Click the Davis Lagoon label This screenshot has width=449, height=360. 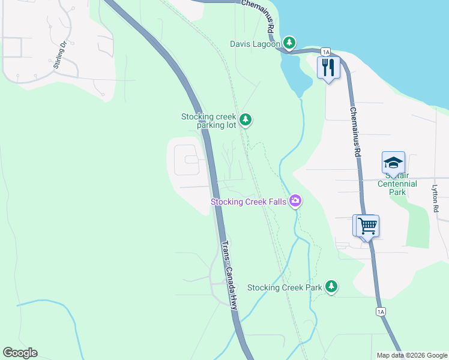coord(255,44)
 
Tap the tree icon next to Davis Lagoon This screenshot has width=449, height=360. coord(290,43)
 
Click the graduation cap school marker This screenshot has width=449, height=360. coord(393,163)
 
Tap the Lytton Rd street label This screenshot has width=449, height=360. coord(436,199)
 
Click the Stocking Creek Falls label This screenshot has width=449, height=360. coord(248,202)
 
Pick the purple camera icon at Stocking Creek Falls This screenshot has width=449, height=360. coord(295,201)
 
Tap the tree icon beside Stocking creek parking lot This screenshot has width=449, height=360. coord(245,120)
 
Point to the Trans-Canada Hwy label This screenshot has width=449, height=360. coord(230,275)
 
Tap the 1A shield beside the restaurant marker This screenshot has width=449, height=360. coord(325,52)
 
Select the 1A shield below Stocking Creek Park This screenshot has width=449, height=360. coord(380,311)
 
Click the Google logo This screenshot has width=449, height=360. coord(20,353)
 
